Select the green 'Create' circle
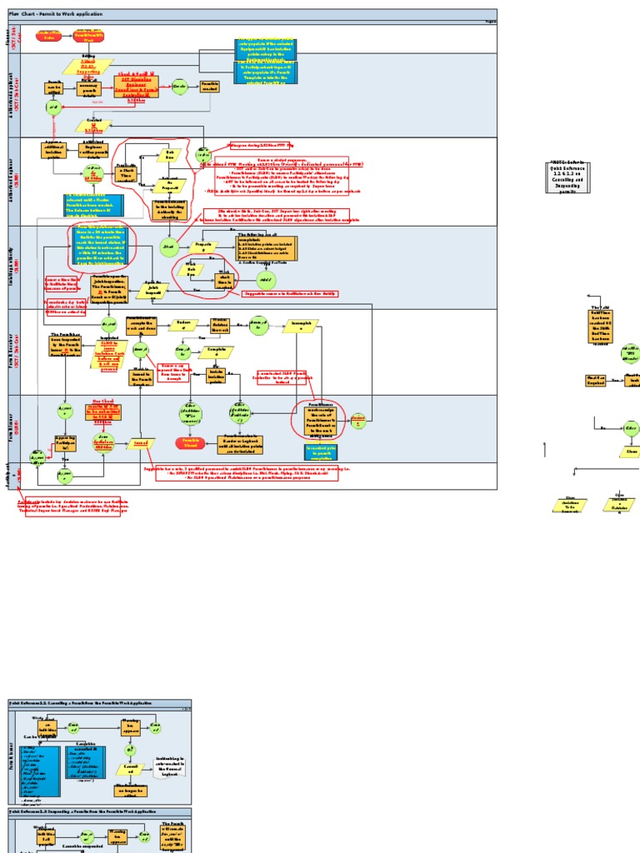tap(178, 86)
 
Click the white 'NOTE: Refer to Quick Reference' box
tap(573, 177)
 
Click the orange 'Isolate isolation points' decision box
tap(216, 377)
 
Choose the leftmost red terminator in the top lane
tap(48, 35)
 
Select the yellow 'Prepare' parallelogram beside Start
tap(200, 247)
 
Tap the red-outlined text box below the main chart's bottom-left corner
tap(73, 506)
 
